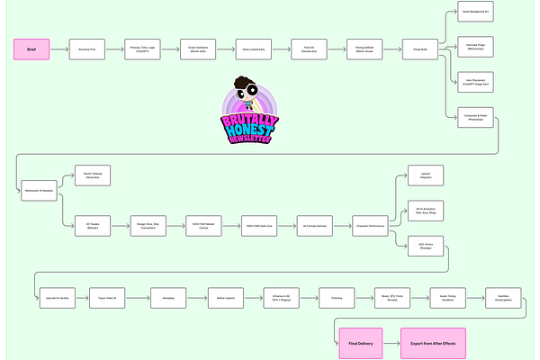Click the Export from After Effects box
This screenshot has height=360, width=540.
429,343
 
